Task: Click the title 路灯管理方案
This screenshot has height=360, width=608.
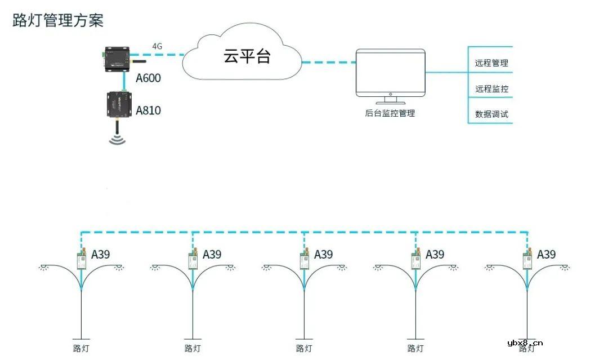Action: click(x=58, y=21)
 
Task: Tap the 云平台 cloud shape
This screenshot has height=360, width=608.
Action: click(x=243, y=56)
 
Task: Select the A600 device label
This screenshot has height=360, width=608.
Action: click(x=148, y=78)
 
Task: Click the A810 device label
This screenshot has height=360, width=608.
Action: click(x=148, y=110)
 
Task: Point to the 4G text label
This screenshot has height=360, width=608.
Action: click(x=158, y=46)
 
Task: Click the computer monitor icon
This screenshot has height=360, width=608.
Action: click(x=390, y=76)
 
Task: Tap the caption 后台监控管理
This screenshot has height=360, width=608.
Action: click(x=390, y=113)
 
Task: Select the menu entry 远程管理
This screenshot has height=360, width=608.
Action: click(x=491, y=63)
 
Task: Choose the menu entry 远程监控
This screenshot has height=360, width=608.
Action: click(x=491, y=89)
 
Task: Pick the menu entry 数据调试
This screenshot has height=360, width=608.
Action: click(x=491, y=114)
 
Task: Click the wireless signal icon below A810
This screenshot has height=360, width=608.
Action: click(x=117, y=138)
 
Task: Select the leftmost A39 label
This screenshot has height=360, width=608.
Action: click(x=101, y=254)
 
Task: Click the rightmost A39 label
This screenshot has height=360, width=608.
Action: click(x=546, y=254)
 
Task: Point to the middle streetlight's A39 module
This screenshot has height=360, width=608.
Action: click(x=305, y=260)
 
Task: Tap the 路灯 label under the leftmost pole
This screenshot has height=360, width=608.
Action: click(x=82, y=348)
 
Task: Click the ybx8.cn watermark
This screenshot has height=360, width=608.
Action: click(x=525, y=343)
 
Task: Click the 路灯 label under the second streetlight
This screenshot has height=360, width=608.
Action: click(x=193, y=348)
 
